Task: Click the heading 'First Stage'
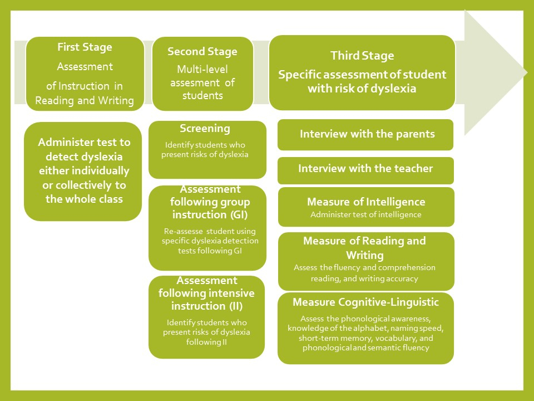click(85, 47)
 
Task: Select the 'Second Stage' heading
click(202, 51)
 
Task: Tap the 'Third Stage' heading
click(362, 56)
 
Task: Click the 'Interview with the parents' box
click(365, 135)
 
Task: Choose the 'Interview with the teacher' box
click(365, 170)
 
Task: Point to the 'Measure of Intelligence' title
click(366, 202)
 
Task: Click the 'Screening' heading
click(205, 129)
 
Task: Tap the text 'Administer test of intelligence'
click(366, 215)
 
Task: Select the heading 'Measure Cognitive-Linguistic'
click(366, 302)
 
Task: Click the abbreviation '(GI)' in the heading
click(239, 215)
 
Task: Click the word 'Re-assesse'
click(183, 231)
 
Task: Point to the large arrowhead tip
click(527, 72)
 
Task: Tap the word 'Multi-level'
click(202, 69)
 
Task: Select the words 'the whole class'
click(84, 199)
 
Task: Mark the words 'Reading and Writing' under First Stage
click(85, 101)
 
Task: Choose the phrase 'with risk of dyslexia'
click(362, 89)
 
